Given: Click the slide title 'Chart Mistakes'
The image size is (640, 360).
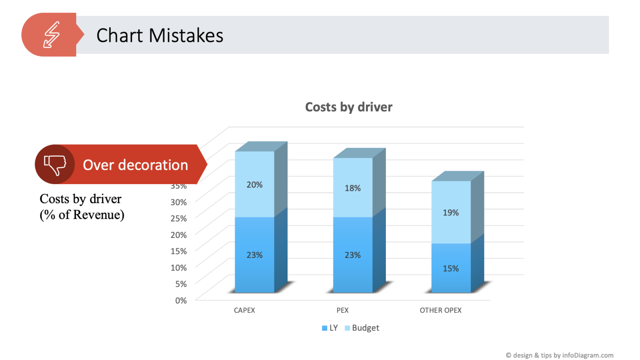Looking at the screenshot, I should [160, 35].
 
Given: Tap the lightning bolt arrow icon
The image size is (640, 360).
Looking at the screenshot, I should [52, 35].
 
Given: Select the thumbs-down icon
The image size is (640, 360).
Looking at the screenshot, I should [55, 165].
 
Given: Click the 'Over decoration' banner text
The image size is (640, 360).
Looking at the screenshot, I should [135, 165].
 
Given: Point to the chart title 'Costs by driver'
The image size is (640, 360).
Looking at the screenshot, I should [349, 107].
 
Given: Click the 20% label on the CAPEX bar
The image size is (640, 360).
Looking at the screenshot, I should [255, 185].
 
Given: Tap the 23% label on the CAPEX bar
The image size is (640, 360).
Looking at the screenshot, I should [255, 255].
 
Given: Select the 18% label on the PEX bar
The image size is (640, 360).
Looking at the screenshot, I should [352, 188].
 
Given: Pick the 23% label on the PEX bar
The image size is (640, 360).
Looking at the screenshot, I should [352, 255].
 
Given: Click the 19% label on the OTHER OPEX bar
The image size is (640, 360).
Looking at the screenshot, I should [451, 212].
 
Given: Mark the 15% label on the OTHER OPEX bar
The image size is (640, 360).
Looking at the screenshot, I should [451, 268].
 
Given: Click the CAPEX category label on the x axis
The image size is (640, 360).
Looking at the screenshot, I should [244, 310].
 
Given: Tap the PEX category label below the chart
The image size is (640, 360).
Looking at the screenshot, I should [342, 310].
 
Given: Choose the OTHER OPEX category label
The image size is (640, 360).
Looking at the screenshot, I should [440, 310].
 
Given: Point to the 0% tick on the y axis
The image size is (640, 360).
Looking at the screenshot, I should [181, 300].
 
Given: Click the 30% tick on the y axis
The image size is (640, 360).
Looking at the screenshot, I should [179, 202].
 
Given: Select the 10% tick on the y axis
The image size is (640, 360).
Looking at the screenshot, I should [179, 267].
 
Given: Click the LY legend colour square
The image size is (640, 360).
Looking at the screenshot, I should [325, 328].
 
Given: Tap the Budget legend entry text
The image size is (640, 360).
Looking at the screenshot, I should [365, 328].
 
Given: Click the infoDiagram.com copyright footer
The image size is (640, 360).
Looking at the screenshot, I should [559, 355].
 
